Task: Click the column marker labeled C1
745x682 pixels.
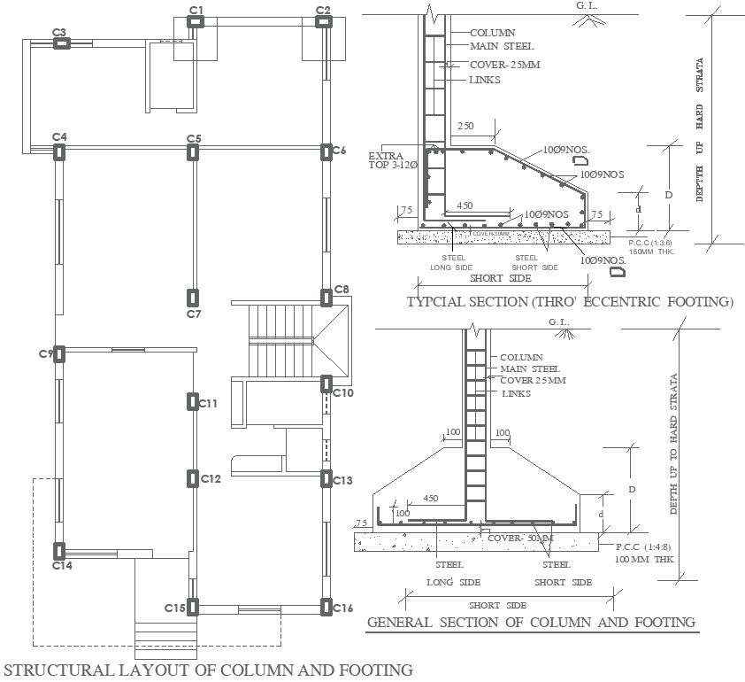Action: click(x=196, y=23)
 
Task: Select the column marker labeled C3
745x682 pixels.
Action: click(x=60, y=43)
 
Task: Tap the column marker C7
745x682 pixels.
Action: click(x=193, y=298)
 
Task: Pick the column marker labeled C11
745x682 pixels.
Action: click(x=193, y=402)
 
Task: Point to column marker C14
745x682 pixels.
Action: click(x=60, y=551)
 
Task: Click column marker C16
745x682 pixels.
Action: click(x=326, y=608)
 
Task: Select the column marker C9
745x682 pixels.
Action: click(x=59, y=353)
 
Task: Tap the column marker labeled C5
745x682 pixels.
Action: click(x=193, y=152)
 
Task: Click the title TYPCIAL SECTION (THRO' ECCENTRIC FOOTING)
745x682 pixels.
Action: click(x=570, y=302)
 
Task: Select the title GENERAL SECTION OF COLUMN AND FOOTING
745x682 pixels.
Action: click(x=531, y=622)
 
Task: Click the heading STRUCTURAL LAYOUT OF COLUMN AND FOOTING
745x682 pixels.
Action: click(x=209, y=670)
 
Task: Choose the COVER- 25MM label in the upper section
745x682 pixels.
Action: click(x=504, y=65)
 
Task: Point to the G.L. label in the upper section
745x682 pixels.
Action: click(x=586, y=5)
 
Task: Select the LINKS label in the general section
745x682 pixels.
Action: click(x=516, y=393)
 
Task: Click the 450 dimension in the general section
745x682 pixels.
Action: click(x=432, y=499)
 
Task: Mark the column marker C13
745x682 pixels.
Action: click(x=326, y=479)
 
